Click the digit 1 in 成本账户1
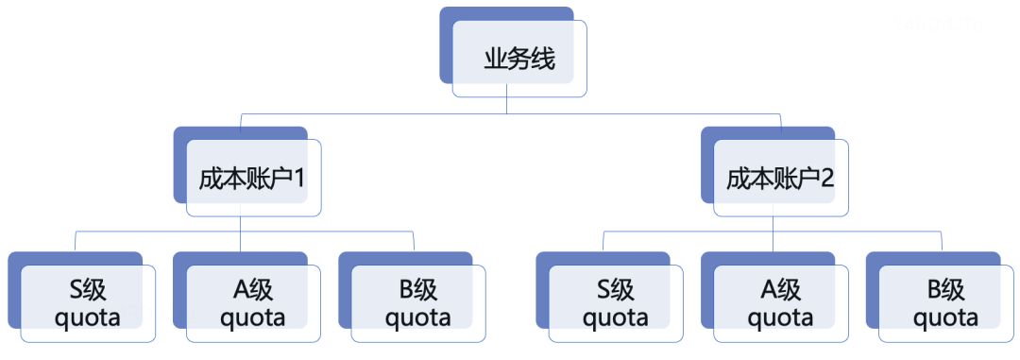[298, 179]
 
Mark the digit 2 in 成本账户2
[826, 179]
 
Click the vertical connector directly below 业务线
[507, 106]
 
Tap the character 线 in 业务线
[543, 60]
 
